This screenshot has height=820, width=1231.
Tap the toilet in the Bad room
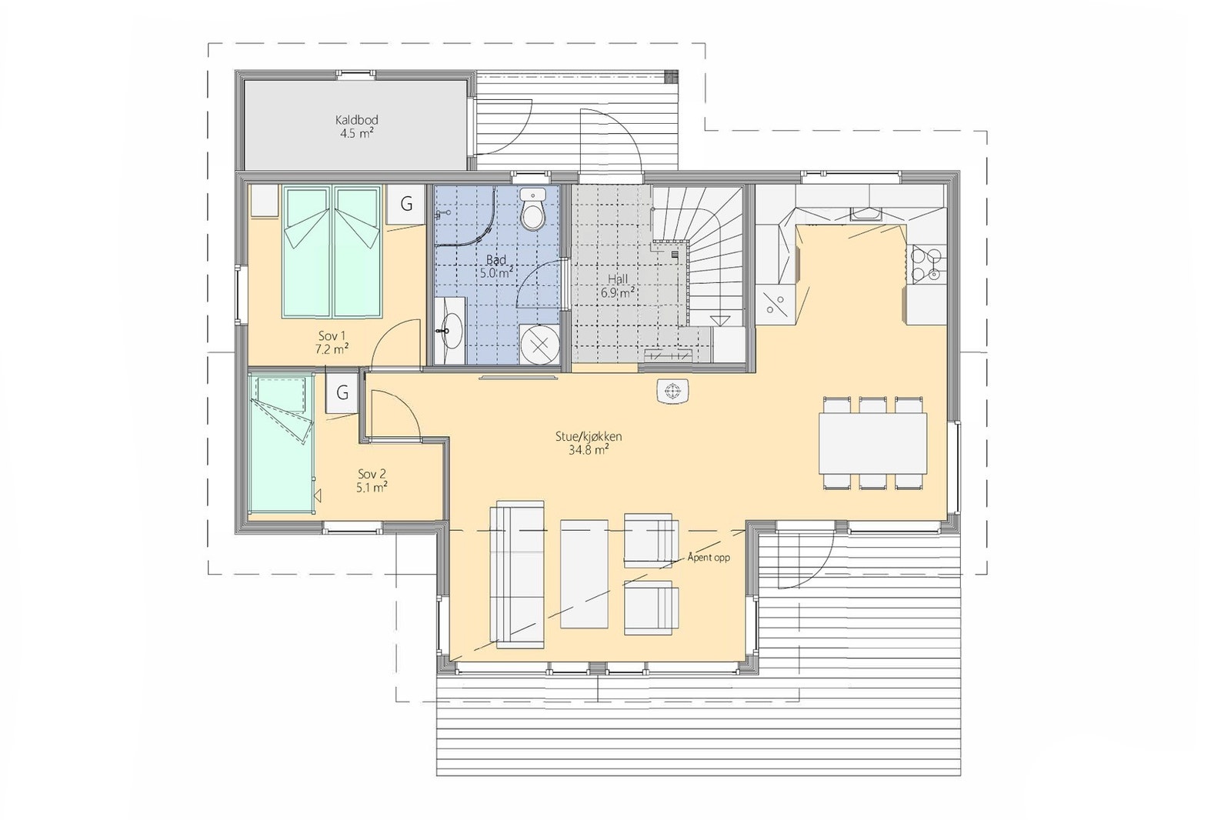pos(532,212)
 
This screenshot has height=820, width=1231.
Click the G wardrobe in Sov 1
pos(405,205)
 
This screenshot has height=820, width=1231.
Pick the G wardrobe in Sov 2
pos(342,393)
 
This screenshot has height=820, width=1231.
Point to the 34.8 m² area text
pos(589,451)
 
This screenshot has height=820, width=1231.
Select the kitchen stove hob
pos(926,263)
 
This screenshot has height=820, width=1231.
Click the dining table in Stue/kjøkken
pos(873,443)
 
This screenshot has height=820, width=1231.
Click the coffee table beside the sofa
pos(585,573)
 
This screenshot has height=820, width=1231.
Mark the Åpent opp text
pos(709,558)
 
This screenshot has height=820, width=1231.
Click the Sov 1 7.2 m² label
pos(332,342)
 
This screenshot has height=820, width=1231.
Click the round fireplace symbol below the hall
pos(674,392)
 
